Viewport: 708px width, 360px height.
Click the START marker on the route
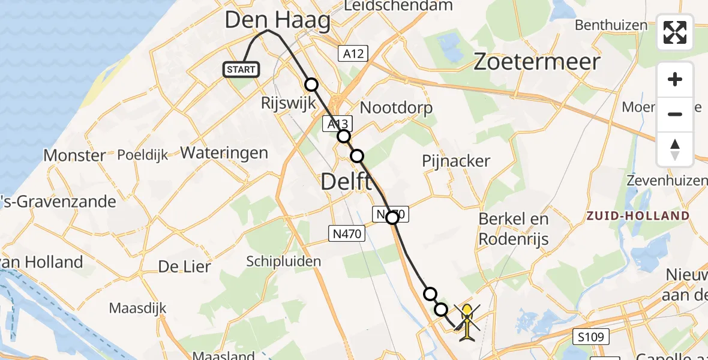241,70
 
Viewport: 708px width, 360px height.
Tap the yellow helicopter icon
467,322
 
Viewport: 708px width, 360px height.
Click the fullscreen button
675,32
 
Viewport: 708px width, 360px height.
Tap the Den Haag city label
277,21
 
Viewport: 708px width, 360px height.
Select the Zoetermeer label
537,62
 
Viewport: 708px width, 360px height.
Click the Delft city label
346,181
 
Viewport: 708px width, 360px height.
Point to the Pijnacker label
456,161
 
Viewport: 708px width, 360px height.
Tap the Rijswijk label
289,103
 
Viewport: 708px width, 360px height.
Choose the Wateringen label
224,152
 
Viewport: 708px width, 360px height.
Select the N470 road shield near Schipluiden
347,233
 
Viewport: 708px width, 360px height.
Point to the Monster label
74,155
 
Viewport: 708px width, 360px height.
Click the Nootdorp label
396,108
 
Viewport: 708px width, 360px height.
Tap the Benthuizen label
611,25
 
